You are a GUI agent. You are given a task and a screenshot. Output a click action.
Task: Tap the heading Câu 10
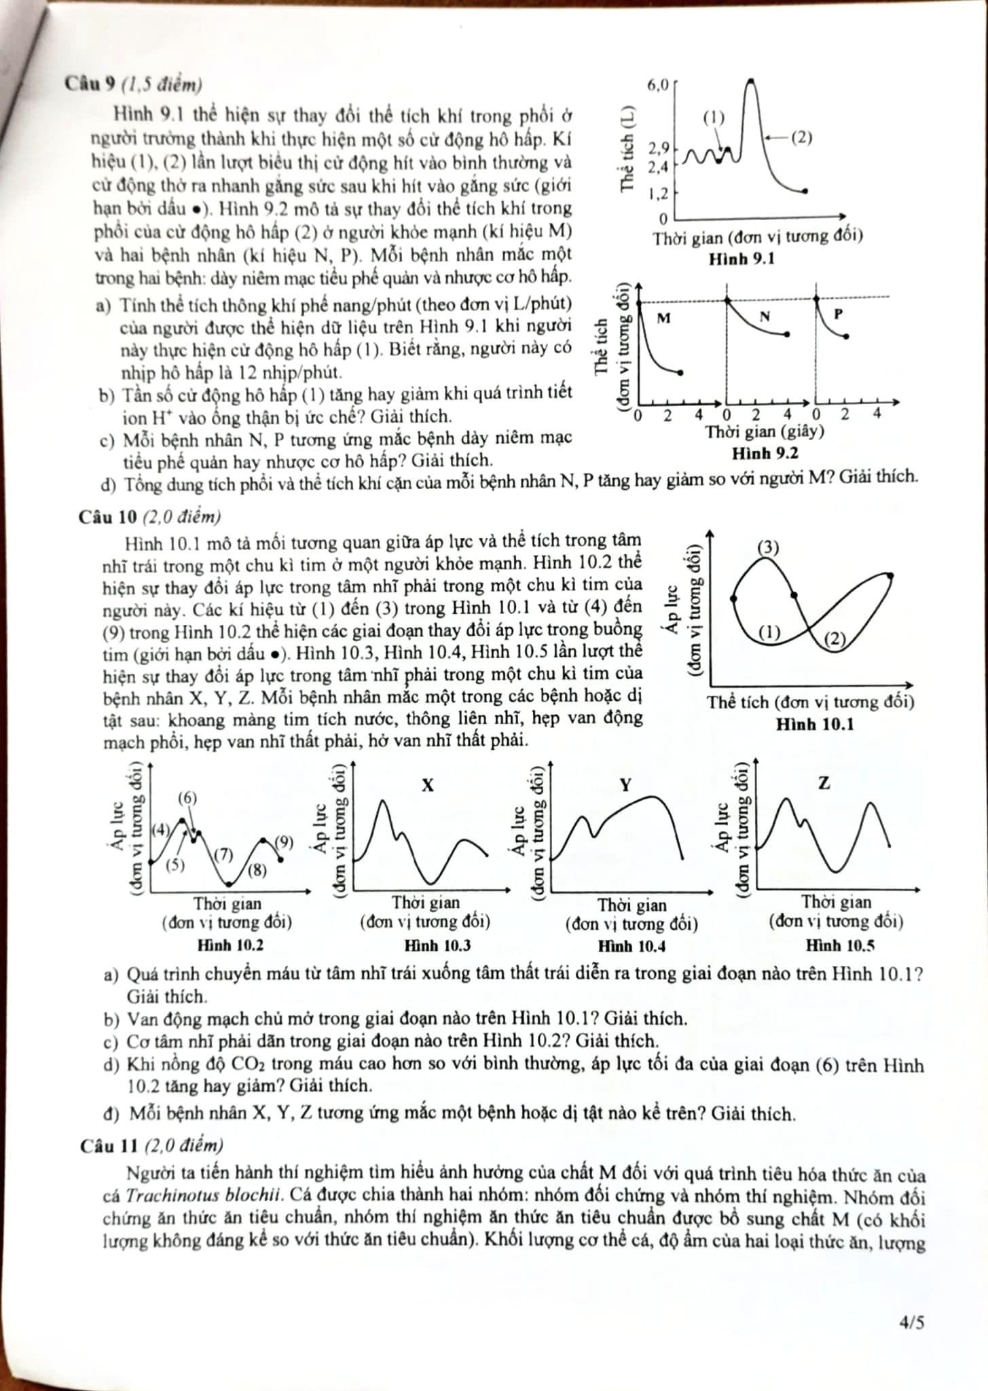(108, 518)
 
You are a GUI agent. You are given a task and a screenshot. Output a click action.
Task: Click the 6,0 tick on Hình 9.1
(658, 85)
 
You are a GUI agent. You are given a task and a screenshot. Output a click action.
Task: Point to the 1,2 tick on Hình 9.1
(658, 194)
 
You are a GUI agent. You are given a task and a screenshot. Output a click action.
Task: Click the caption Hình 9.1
(742, 259)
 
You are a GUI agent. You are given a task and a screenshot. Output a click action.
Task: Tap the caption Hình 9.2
(765, 453)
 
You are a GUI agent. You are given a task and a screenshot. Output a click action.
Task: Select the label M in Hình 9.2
(664, 317)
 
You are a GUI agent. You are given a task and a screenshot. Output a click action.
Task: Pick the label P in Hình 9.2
(838, 314)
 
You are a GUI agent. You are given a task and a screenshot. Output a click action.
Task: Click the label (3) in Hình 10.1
(768, 547)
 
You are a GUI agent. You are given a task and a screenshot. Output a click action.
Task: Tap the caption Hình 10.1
(815, 725)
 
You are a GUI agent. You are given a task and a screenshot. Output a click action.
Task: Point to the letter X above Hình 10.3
(427, 786)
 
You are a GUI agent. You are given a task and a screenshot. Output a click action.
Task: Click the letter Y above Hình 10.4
(625, 786)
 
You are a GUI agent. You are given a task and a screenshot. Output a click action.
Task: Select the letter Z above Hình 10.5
(824, 783)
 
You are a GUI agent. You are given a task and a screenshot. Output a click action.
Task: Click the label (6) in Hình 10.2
(187, 797)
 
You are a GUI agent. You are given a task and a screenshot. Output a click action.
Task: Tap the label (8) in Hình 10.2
(257, 870)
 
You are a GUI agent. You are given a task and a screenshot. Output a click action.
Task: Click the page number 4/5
(911, 1322)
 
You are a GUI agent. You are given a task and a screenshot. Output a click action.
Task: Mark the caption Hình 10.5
(840, 945)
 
